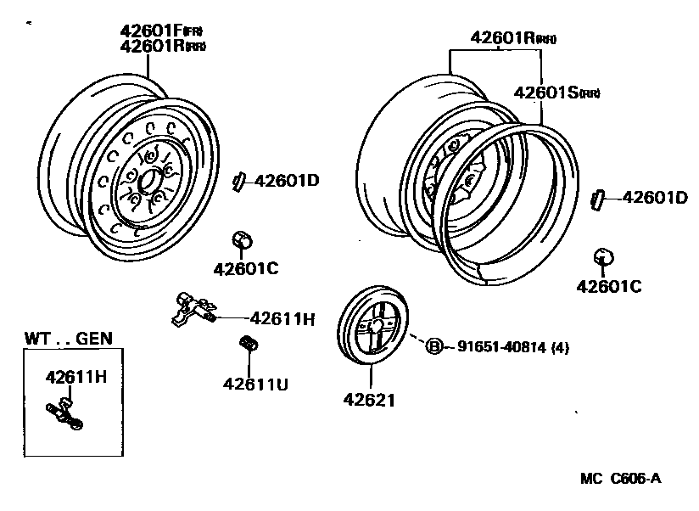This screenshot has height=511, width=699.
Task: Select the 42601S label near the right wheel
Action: pos(545,93)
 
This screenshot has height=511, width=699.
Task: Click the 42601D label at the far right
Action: pos(654,198)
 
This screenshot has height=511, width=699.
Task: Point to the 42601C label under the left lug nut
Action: pos(245,269)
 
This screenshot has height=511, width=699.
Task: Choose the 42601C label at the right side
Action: pos(608,286)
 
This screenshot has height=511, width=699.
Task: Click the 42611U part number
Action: pos(255,384)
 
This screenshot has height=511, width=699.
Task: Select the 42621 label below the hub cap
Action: pos(369,398)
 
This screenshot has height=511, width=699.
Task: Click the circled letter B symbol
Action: pos(433,345)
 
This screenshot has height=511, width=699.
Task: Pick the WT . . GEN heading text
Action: pos(68,338)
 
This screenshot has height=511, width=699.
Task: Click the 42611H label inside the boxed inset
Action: pos(75,376)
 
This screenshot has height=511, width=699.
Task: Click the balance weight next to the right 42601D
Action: pos(596,199)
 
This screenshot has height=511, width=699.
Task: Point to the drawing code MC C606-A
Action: pos(621,478)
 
